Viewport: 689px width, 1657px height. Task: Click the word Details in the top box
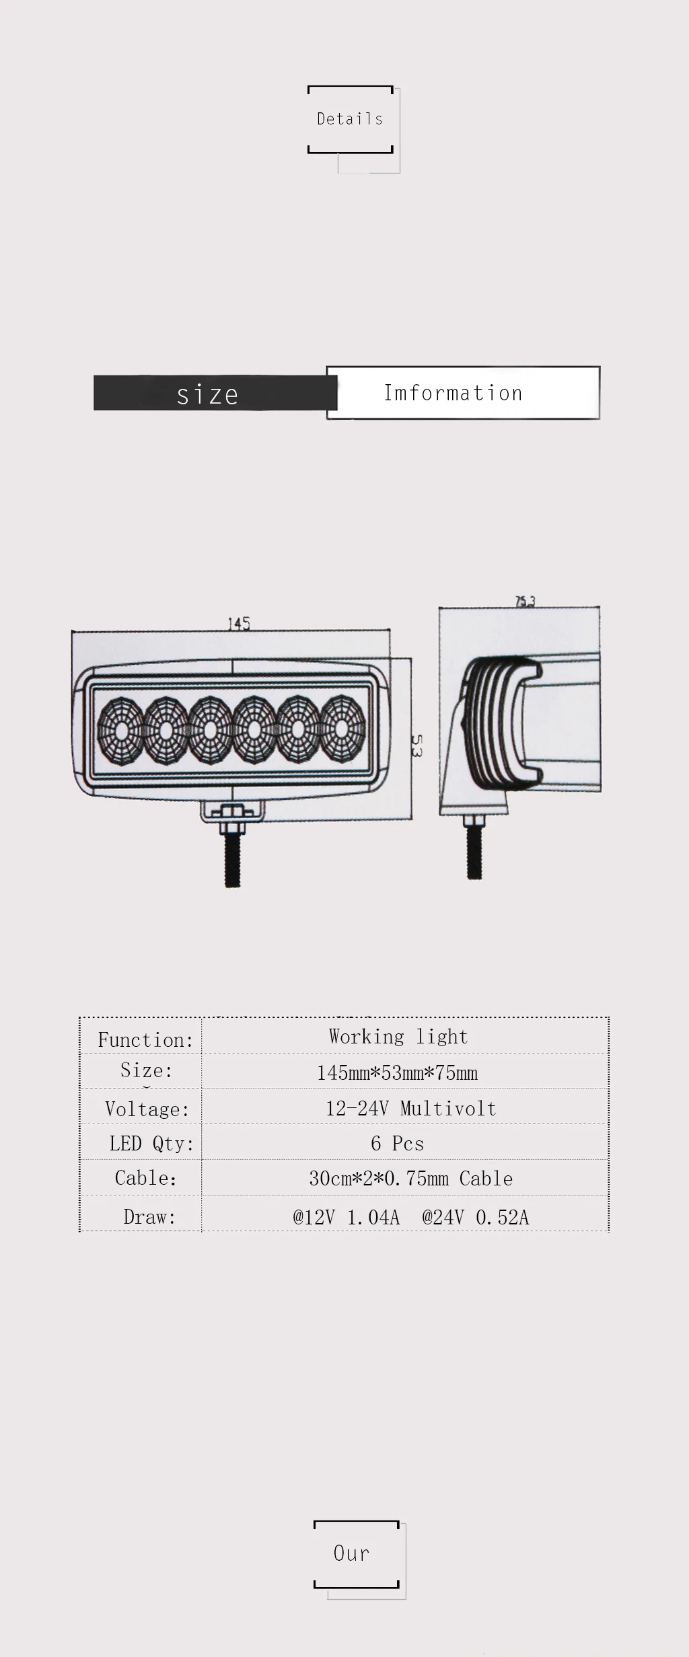pos(350,119)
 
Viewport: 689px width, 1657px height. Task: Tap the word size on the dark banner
pos(207,395)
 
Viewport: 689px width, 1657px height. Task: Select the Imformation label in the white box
pos(453,393)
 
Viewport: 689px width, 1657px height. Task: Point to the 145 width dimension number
pos(239,624)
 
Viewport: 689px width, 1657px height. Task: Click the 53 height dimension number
pos(416,746)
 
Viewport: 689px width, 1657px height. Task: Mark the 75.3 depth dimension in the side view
pos(525,601)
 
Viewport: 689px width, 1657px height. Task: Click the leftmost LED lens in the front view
pos(120,731)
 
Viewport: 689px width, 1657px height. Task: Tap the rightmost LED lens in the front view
pos(342,729)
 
